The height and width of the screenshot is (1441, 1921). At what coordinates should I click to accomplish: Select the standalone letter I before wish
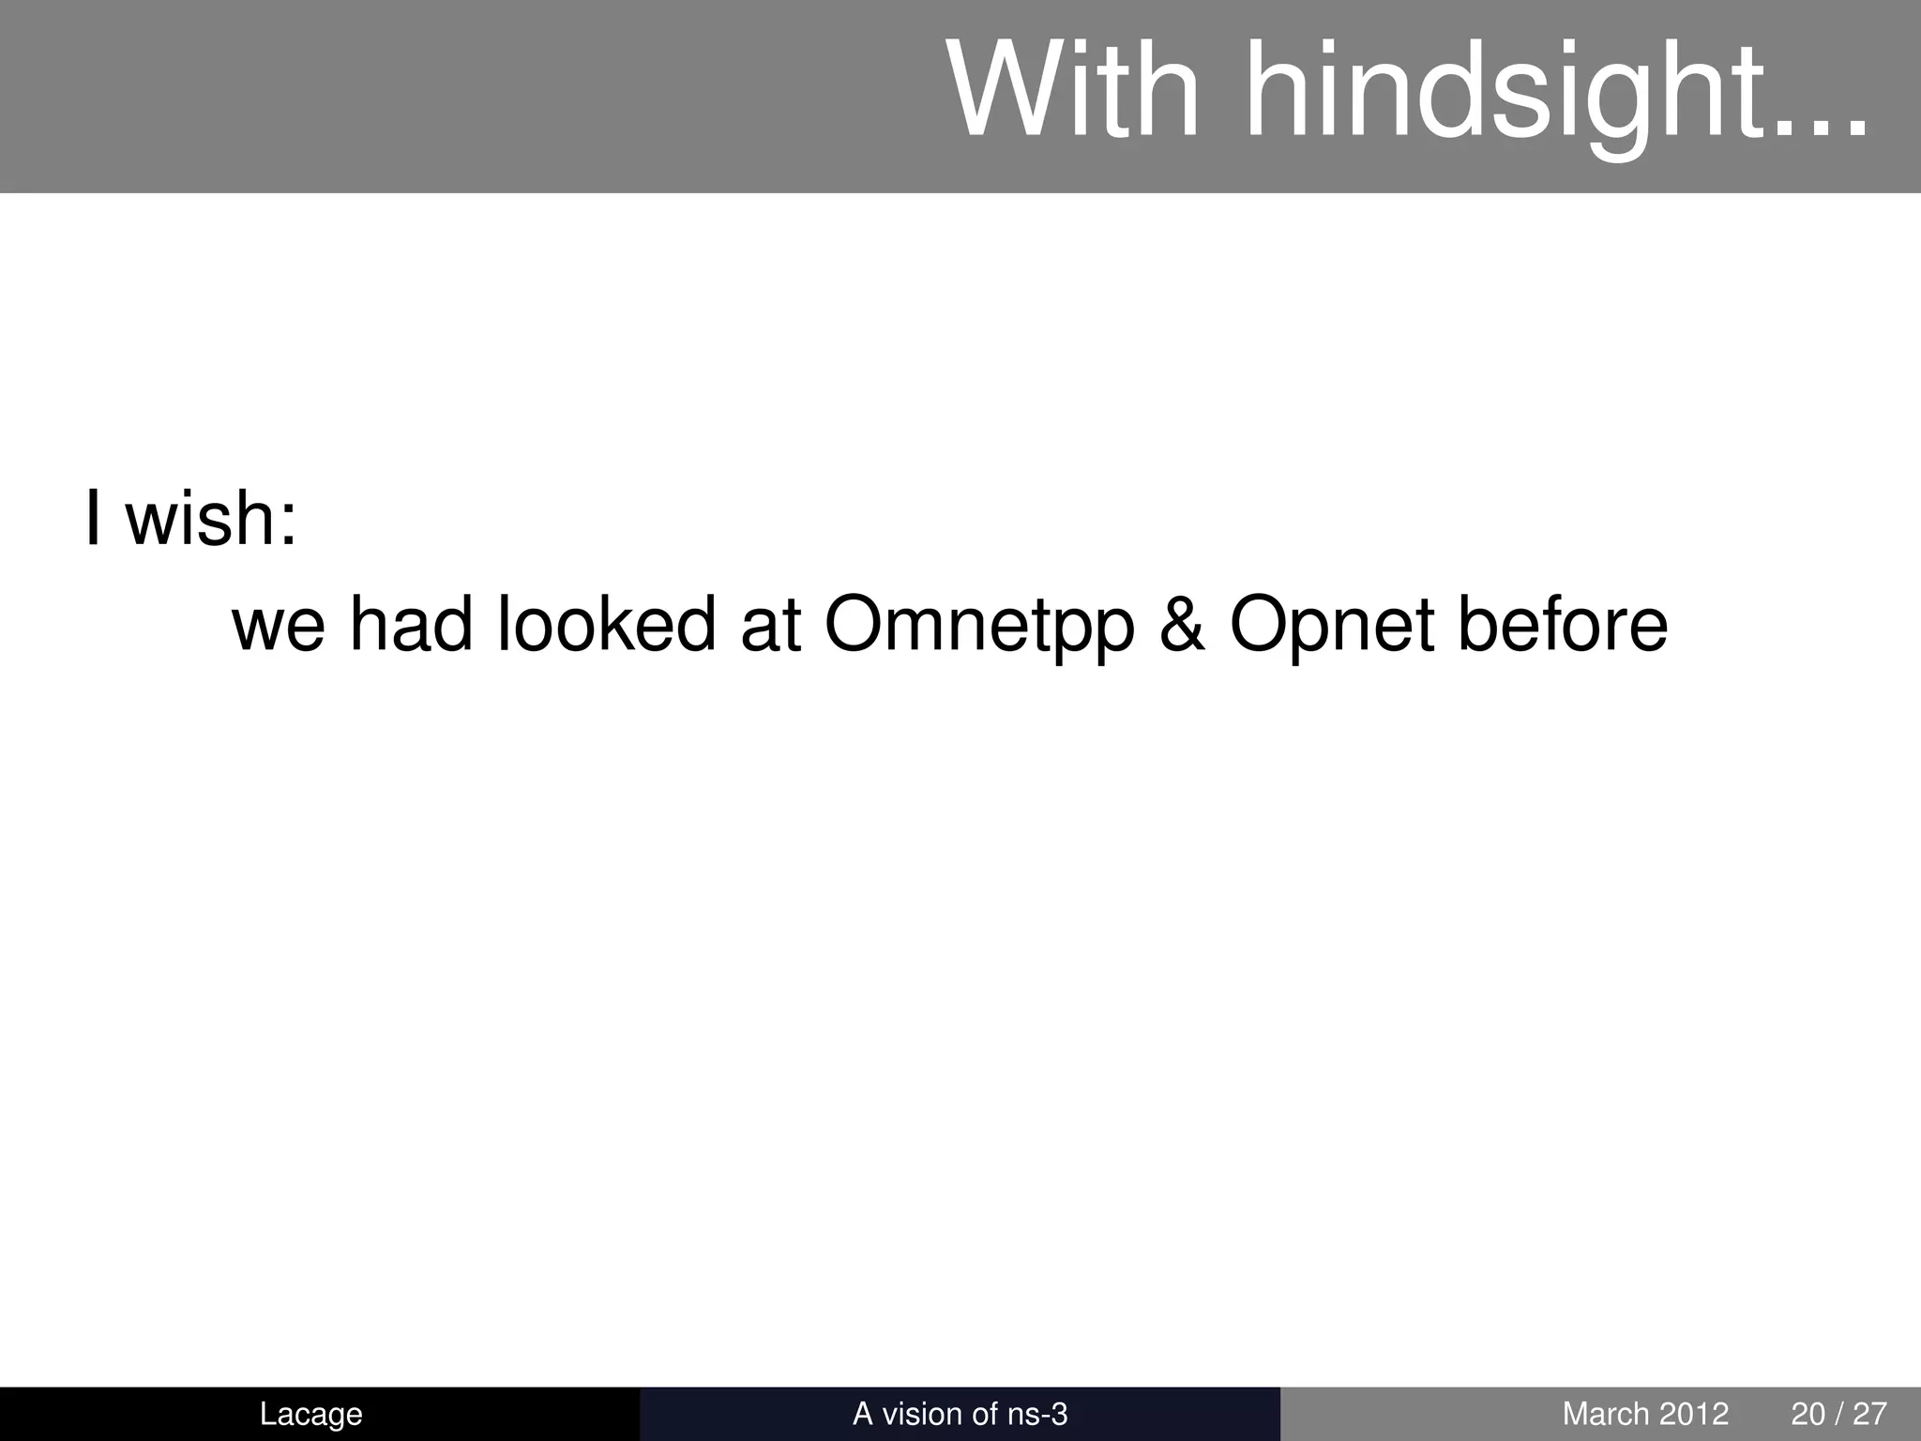click(x=93, y=518)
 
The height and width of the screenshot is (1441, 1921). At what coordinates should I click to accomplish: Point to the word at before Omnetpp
click(x=770, y=627)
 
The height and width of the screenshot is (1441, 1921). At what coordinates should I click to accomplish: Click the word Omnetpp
click(x=979, y=627)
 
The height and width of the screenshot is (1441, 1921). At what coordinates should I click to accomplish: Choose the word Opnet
click(x=1332, y=627)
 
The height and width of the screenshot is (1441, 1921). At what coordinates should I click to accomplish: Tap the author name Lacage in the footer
click(x=310, y=1414)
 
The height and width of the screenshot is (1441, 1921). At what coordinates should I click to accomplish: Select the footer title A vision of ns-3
click(x=960, y=1414)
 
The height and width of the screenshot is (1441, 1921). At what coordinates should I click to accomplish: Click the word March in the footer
click(x=1604, y=1414)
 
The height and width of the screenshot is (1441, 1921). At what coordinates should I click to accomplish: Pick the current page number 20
click(x=1808, y=1414)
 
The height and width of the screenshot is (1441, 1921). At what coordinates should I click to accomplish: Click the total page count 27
click(x=1869, y=1414)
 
